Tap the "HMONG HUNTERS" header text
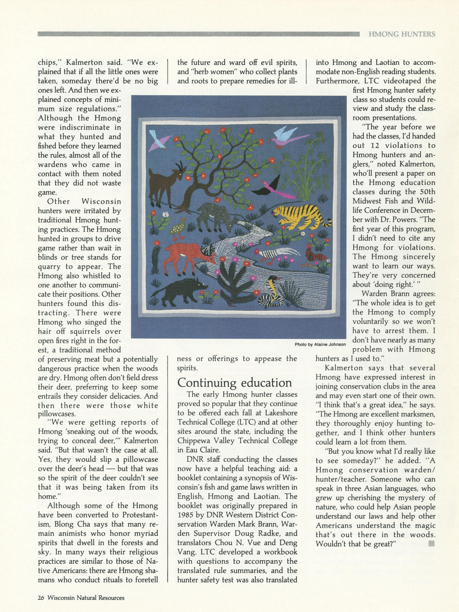(x=402, y=34)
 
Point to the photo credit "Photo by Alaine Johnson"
(x=320, y=344)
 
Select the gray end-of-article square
(x=431, y=544)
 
